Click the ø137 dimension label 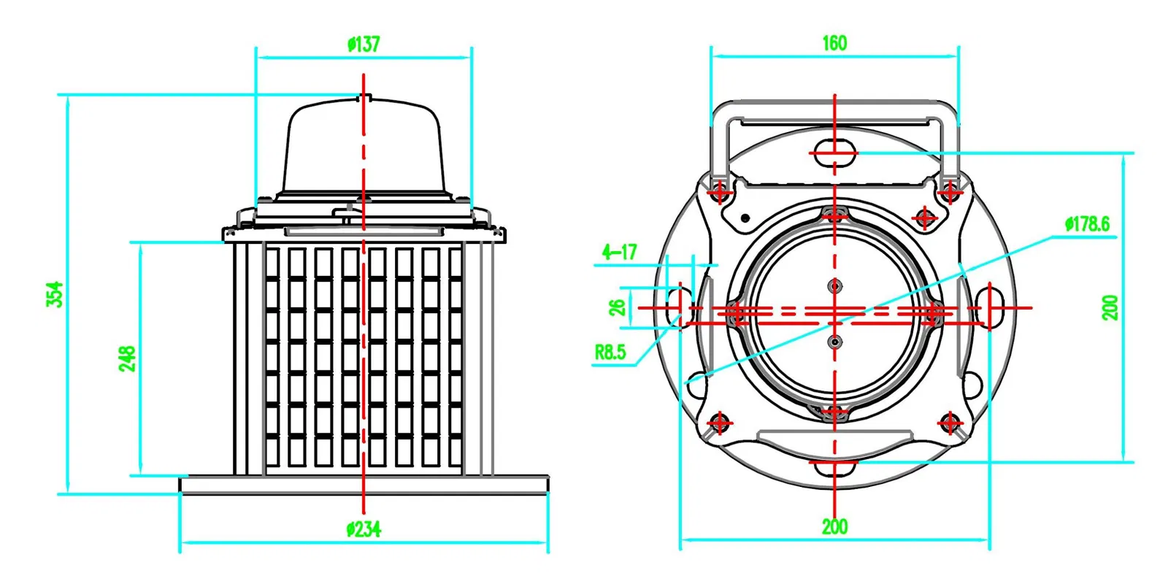[364, 45]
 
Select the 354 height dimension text [55, 294]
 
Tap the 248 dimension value [128, 358]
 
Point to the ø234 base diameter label [364, 529]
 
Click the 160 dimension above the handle [834, 43]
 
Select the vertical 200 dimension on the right [1110, 307]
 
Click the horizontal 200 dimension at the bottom [834, 526]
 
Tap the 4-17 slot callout [619, 253]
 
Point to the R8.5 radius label [610, 352]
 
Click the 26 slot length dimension [618, 307]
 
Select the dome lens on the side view [364, 150]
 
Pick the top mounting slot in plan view [834, 153]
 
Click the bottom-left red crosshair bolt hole [720, 423]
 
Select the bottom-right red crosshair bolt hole [950, 423]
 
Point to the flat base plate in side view [364, 485]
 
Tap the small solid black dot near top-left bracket [745, 218]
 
